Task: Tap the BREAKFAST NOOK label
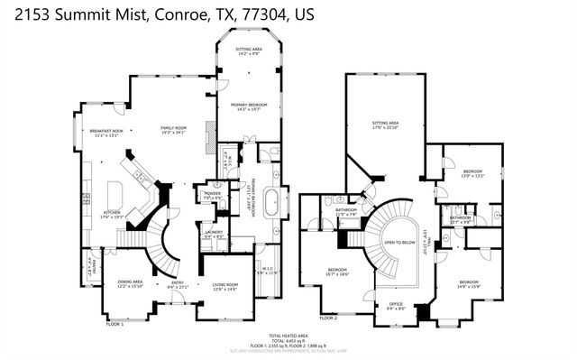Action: pyautogui.click(x=105, y=131)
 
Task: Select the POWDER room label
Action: pyautogui.click(x=213, y=193)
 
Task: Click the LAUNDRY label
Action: pyautogui.click(x=214, y=232)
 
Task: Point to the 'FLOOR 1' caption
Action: pyautogui.click(x=115, y=323)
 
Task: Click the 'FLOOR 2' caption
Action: pyautogui.click(x=330, y=318)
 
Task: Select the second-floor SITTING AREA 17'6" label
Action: pyautogui.click(x=386, y=123)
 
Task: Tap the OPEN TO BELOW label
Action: pyautogui.click(x=399, y=243)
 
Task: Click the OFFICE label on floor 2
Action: pyautogui.click(x=396, y=304)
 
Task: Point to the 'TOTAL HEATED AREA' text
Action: pyautogui.click(x=288, y=334)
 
